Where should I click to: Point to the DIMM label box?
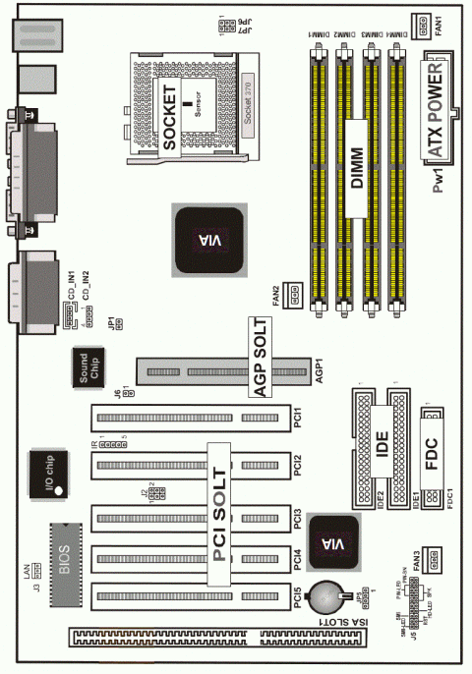tap(357, 154)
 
